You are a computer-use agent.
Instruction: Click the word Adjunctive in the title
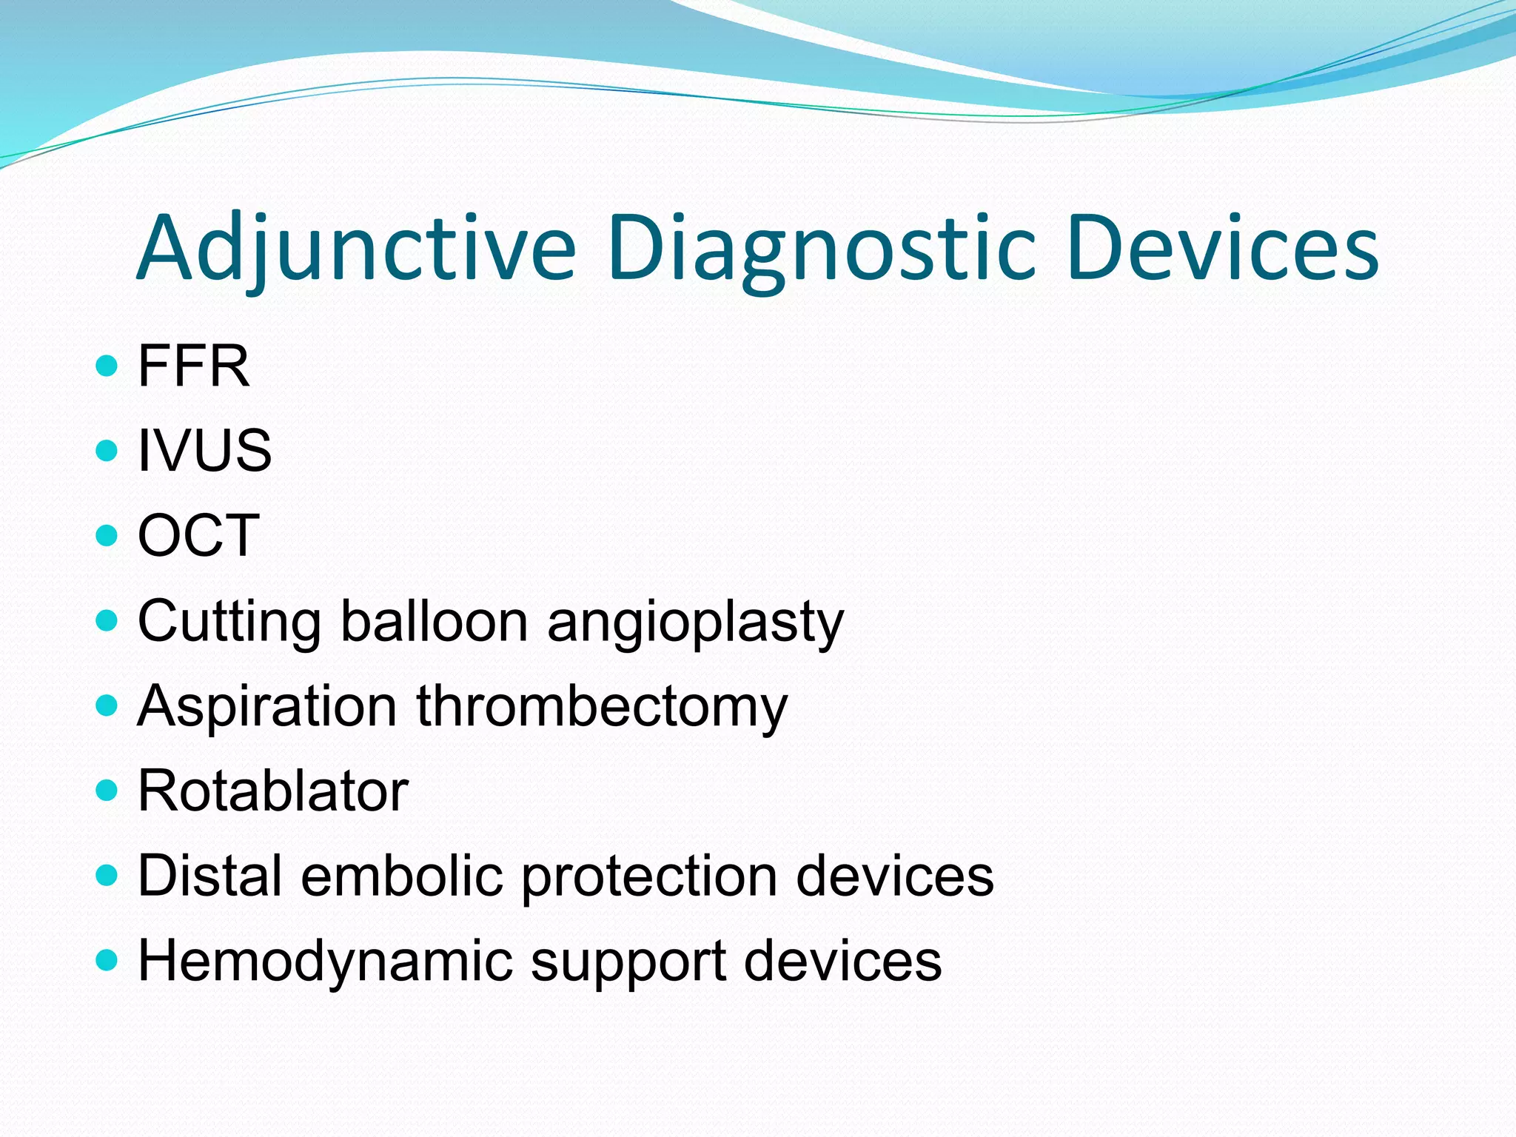point(355,248)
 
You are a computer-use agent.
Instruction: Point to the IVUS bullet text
point(204,450)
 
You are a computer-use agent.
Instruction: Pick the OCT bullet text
point(198,535)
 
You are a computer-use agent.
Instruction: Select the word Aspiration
point(267,707)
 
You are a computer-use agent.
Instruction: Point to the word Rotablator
point(272,791)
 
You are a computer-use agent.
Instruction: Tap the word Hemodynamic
point(325,962)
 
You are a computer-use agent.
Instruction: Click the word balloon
point(434,622)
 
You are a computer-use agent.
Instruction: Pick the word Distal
point(210,876)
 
